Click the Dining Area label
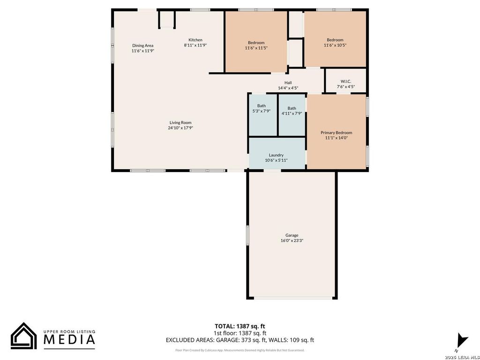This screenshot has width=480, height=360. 142,45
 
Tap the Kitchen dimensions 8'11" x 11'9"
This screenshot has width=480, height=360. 195,45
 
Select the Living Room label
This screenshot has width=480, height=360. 180,122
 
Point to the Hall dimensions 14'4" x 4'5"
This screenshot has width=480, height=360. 288,88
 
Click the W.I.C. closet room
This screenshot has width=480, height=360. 345,81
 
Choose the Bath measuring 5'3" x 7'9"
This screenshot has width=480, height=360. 262,115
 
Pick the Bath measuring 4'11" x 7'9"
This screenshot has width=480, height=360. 292,115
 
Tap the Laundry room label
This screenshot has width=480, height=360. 276,155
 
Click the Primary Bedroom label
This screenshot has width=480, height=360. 336,133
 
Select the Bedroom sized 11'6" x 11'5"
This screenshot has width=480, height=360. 256,42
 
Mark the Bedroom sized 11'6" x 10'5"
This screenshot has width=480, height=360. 335,39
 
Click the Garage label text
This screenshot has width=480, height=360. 292,235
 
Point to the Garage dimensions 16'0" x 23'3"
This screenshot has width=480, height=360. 292,240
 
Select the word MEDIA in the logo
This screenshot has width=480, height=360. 69,340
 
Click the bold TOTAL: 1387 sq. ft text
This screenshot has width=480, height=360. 240,326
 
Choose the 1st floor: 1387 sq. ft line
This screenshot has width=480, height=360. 240,333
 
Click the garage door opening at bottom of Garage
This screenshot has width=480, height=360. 293,298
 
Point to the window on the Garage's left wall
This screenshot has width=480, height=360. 247,240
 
